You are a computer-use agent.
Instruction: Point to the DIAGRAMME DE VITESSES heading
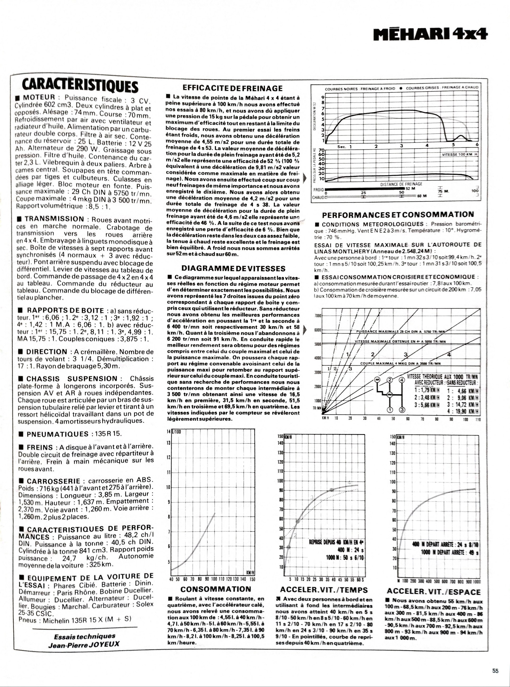[233, 268]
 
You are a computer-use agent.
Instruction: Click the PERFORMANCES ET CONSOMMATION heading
[398, 215]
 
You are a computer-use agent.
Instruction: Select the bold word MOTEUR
[39, 98]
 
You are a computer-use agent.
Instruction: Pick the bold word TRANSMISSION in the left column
[54, 219]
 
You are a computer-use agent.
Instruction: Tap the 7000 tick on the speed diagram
[318, 316]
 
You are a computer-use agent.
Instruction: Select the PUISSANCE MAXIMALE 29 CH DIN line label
[400, 332]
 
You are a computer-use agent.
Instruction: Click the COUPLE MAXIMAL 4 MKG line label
[400, 363]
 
